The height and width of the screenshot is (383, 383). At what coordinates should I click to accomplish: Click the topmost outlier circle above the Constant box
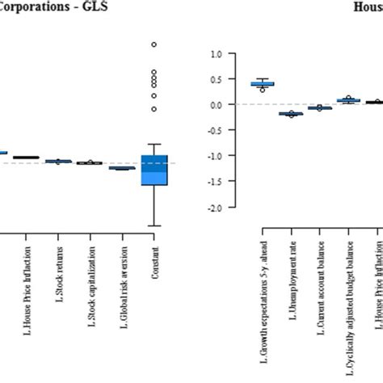[154, 44]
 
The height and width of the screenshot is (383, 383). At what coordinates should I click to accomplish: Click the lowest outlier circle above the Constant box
[154, 108]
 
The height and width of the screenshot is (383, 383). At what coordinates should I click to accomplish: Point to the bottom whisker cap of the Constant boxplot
[154, 225]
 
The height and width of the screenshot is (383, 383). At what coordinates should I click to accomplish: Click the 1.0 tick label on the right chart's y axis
[215, 54]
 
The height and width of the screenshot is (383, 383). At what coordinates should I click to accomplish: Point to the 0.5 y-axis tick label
[215, 79]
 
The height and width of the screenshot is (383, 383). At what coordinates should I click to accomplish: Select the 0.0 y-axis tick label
[215, 105]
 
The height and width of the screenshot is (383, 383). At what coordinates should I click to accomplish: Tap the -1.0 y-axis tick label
[214, 156]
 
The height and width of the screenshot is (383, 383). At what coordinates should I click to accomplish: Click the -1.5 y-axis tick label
[214, 182]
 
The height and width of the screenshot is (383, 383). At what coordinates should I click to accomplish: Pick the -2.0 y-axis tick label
[214, 208]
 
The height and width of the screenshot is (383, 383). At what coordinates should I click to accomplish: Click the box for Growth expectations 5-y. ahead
[263, 84]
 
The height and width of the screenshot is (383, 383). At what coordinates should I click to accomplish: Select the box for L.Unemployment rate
[291, 114]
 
